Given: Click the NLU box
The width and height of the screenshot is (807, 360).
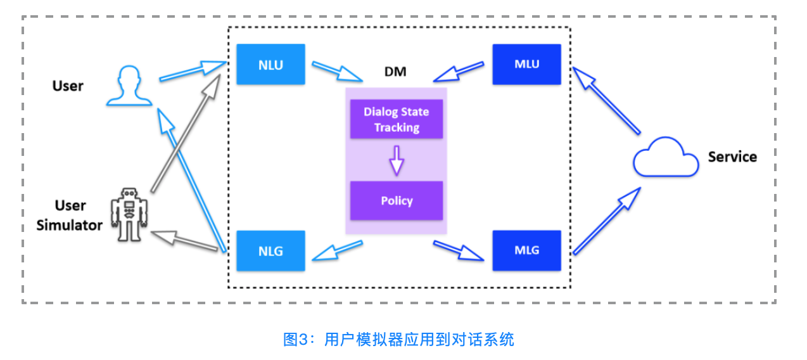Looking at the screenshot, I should coord(270,64).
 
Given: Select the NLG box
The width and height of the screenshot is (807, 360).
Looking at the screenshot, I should coord(270,251).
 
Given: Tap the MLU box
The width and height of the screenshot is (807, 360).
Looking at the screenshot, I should coord(526,64).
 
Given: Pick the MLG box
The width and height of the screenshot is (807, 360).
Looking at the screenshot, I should coord(526,250).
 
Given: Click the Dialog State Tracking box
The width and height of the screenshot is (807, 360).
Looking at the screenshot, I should coord(397,119).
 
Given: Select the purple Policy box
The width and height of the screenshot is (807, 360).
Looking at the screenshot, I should coord(397,201).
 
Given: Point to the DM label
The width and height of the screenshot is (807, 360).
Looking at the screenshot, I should coord(395,72).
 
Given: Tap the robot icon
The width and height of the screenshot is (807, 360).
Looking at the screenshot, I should coord(129,215).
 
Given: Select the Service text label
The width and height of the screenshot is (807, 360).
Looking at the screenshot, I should coord(732,157).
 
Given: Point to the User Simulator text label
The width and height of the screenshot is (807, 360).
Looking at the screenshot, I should coord(70,215).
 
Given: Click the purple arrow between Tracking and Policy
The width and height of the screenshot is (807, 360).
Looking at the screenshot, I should coord(397,160).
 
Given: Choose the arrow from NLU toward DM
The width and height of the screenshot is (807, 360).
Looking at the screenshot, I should coord(336,71).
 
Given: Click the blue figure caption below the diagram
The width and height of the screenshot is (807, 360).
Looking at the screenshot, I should coord(398,339).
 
